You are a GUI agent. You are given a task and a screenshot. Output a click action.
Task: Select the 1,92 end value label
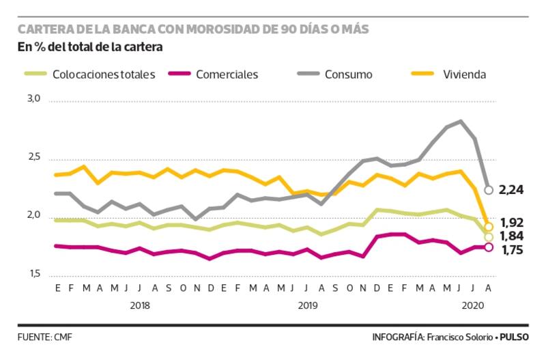pyautogui.click(x=512, y=223)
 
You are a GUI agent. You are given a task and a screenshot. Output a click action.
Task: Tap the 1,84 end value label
pyautogui.click(x=512, y=237)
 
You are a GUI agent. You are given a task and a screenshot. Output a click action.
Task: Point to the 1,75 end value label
pyautogui.click(x=512, y=251)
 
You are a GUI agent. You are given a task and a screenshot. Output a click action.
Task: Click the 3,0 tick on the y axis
pyautogui.click(x=34, y=99)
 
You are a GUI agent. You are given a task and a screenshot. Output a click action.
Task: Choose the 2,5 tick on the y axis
pyautogui.click(x=34, y=158)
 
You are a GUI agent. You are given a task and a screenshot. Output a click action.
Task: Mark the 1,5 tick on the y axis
pyautogui.click(x=34, y=275)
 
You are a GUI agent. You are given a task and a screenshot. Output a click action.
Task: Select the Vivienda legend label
pyautogui.click(x=464, y=74)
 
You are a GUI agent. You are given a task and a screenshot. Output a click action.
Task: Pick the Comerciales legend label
pyautogui.click(x=227, y=74)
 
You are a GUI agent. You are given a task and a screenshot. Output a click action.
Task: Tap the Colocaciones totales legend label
pyautogui.click(x=104, y=74)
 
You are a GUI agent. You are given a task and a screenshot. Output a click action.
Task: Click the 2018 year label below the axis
pyautogui.click(x=140, y=306)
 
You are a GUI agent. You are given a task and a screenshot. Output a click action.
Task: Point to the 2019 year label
pyautogui.click(x=308, y=306)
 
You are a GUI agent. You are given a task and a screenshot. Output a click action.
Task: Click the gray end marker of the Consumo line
pyautogui.click(x=489, y=190)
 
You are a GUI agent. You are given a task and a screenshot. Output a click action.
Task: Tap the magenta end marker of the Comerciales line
pyautogui.click(x=489, y=247)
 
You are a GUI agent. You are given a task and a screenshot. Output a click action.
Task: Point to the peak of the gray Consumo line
pyautogui.click(x=461, y=122)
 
